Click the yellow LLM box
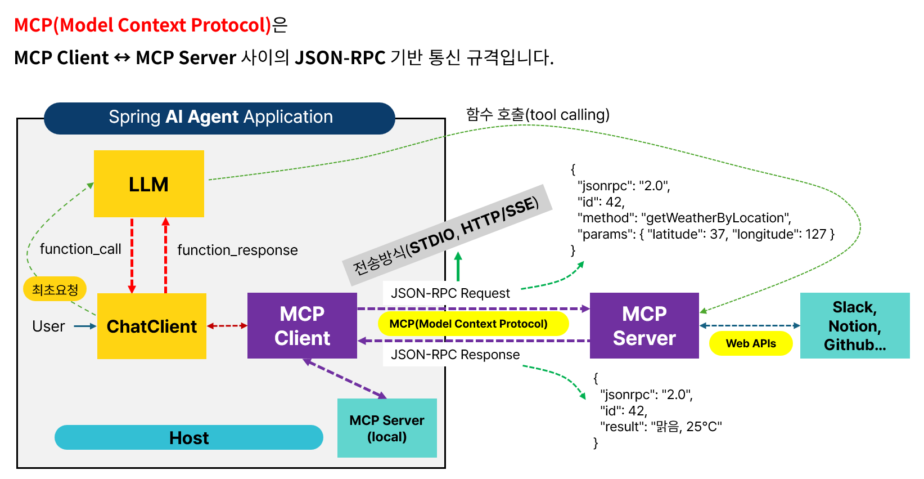click(148, 184)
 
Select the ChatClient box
click(152, 326)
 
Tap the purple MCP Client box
click(302, 326)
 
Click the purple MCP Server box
click(644, 326)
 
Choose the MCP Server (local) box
click(387, 428)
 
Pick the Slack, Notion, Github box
click(854, 326)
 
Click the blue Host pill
click(189, 437)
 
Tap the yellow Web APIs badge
click(751, 343)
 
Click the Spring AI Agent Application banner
click(220, 117)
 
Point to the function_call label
click(80, 249)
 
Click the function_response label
click(237, 250)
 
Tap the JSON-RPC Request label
click(450, 293)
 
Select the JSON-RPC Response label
click(455, 355)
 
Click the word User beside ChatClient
click(48, 326)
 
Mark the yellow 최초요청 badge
click(55, 289)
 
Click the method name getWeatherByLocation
click(715, 218)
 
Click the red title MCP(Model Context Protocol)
click(143, 25)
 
